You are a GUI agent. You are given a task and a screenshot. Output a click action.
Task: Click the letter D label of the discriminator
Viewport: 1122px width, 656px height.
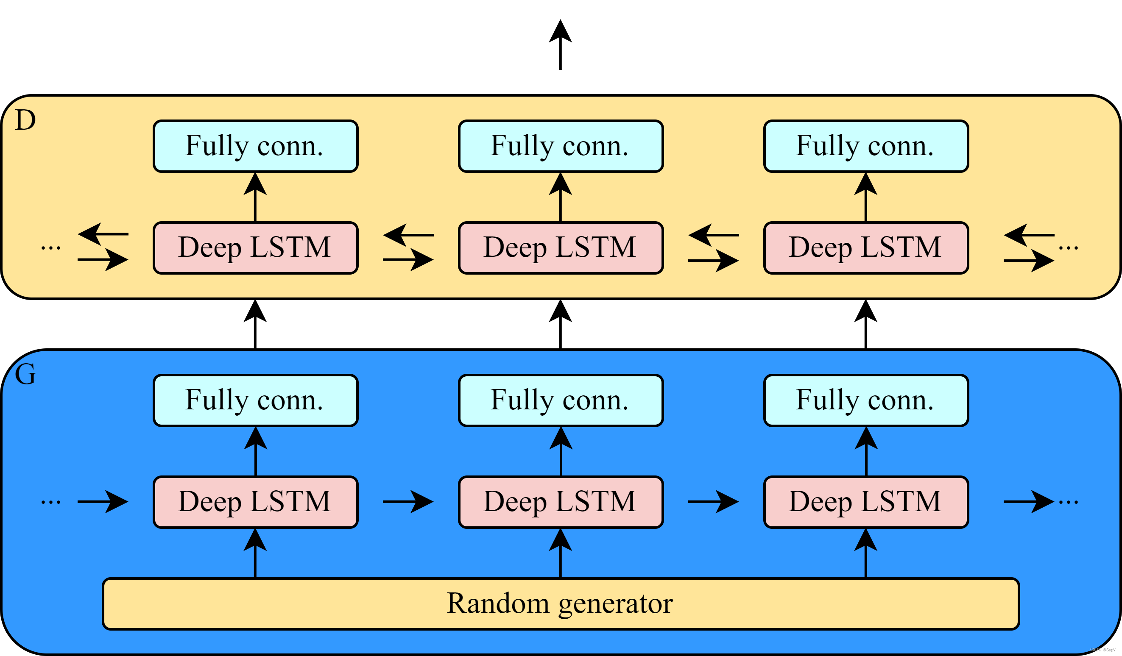(x=25, y=120)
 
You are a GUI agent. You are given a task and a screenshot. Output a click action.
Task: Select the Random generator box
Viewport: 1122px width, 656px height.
(x=561, y=604)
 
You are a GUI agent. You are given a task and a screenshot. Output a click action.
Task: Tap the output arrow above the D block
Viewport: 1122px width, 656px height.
(x=560, y=44)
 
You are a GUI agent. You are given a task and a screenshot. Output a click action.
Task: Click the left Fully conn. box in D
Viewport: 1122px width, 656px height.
(x=256, y=146)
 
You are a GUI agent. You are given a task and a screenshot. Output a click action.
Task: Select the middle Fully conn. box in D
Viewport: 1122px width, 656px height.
(x=561, y=146)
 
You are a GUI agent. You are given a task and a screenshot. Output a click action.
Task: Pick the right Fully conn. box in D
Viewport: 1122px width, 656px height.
(x=866, y=146)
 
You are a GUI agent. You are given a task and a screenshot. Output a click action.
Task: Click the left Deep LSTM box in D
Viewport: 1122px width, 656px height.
(x=256, y=248)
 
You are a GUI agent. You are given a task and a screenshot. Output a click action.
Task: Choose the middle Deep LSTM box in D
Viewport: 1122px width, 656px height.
(x=561, y=248)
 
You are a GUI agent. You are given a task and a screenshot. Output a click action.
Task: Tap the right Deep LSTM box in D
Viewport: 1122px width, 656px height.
(x=866, y=248)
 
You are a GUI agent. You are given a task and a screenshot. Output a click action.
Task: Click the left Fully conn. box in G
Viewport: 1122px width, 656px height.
(x=256, y=400)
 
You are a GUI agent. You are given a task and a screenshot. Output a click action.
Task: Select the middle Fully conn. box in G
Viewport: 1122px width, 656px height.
(x=561, y=400)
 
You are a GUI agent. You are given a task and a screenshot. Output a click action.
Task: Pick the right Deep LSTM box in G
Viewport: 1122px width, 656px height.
(x=866, y=502)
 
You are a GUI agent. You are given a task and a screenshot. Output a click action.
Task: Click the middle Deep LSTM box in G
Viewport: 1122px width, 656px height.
(x=561, y=502)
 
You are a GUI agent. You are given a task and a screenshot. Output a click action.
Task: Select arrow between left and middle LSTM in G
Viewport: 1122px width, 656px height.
(x=408, y=502)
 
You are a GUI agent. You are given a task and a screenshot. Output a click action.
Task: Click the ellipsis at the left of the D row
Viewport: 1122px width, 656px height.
(x=51, y=248)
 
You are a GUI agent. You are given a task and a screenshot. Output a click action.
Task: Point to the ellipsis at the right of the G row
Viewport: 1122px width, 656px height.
(x=1068, y=502)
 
